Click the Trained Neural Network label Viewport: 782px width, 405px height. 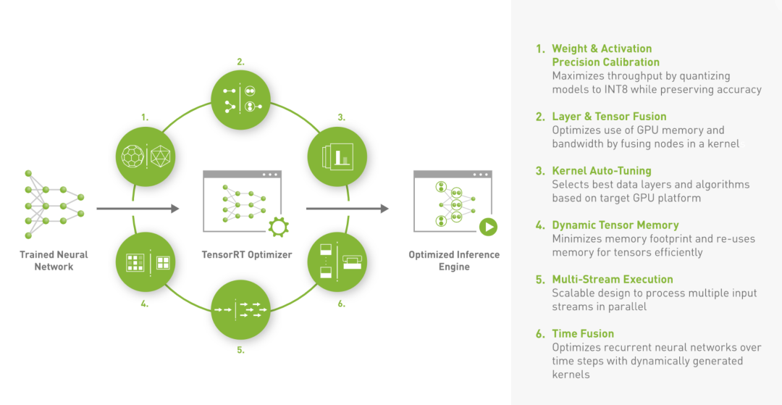pyautogui.click(x=54, y=260)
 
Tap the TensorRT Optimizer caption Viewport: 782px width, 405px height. pyautogui.click(x=247, y=255)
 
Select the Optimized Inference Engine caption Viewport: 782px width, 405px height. pyautogui.click(x=454, y=261)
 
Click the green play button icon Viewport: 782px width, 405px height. pyautogui.click(x=488, y=227)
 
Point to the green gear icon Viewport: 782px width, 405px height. pyautogui.click(x=278, y=227)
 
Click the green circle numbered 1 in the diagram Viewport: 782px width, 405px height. pyautogui.click(x=145, y=156)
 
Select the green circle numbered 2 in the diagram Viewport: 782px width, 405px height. pyautogui.click(x=241, y=99)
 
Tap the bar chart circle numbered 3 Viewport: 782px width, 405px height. pyautogui.click(x=337, y=156)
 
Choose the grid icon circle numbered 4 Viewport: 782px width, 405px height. pyautogui.click(x=145, y=262)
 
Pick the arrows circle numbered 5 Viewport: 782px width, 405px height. pyautogui.click(x=241, y=310)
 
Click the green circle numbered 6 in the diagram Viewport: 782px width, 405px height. pyautogui.click(x=337, y=262)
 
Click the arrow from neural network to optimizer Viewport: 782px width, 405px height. pyautogui.click(x=138, y=209)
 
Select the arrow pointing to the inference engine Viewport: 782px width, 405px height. pyautogui.click(x=347, y=209)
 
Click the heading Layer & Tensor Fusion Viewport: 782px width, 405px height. pyautogui.click(x=609, y=117)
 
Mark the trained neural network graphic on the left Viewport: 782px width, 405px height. pyautogui.click(x=54, y=204)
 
